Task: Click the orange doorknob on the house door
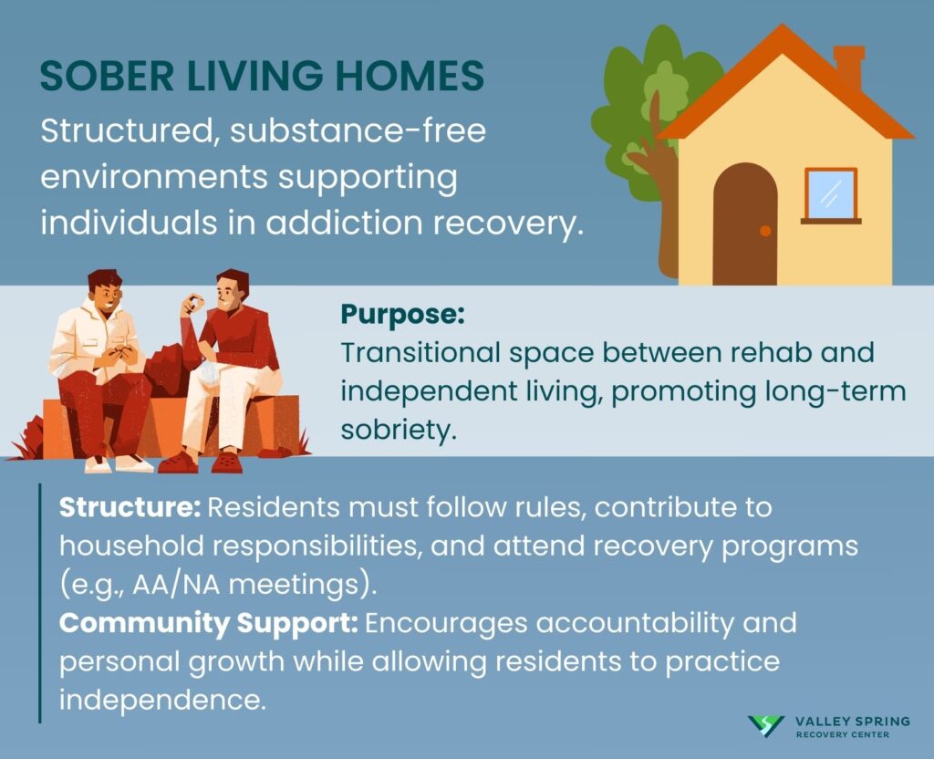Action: point(764,231)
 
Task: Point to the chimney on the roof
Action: point(848,68)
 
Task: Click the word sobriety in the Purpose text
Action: point(397,429)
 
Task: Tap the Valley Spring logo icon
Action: point(765,726)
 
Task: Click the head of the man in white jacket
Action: point(105,294)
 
